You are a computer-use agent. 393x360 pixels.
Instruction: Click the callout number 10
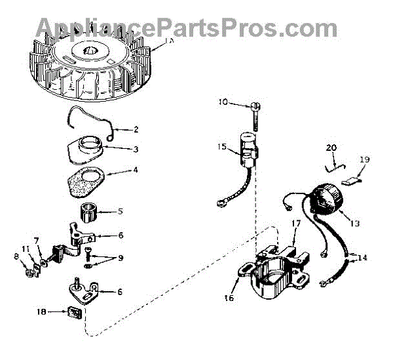222,102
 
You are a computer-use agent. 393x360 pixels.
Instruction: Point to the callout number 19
364,160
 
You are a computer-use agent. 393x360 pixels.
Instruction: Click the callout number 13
354,224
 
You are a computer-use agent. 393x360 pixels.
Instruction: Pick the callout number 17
295,224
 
